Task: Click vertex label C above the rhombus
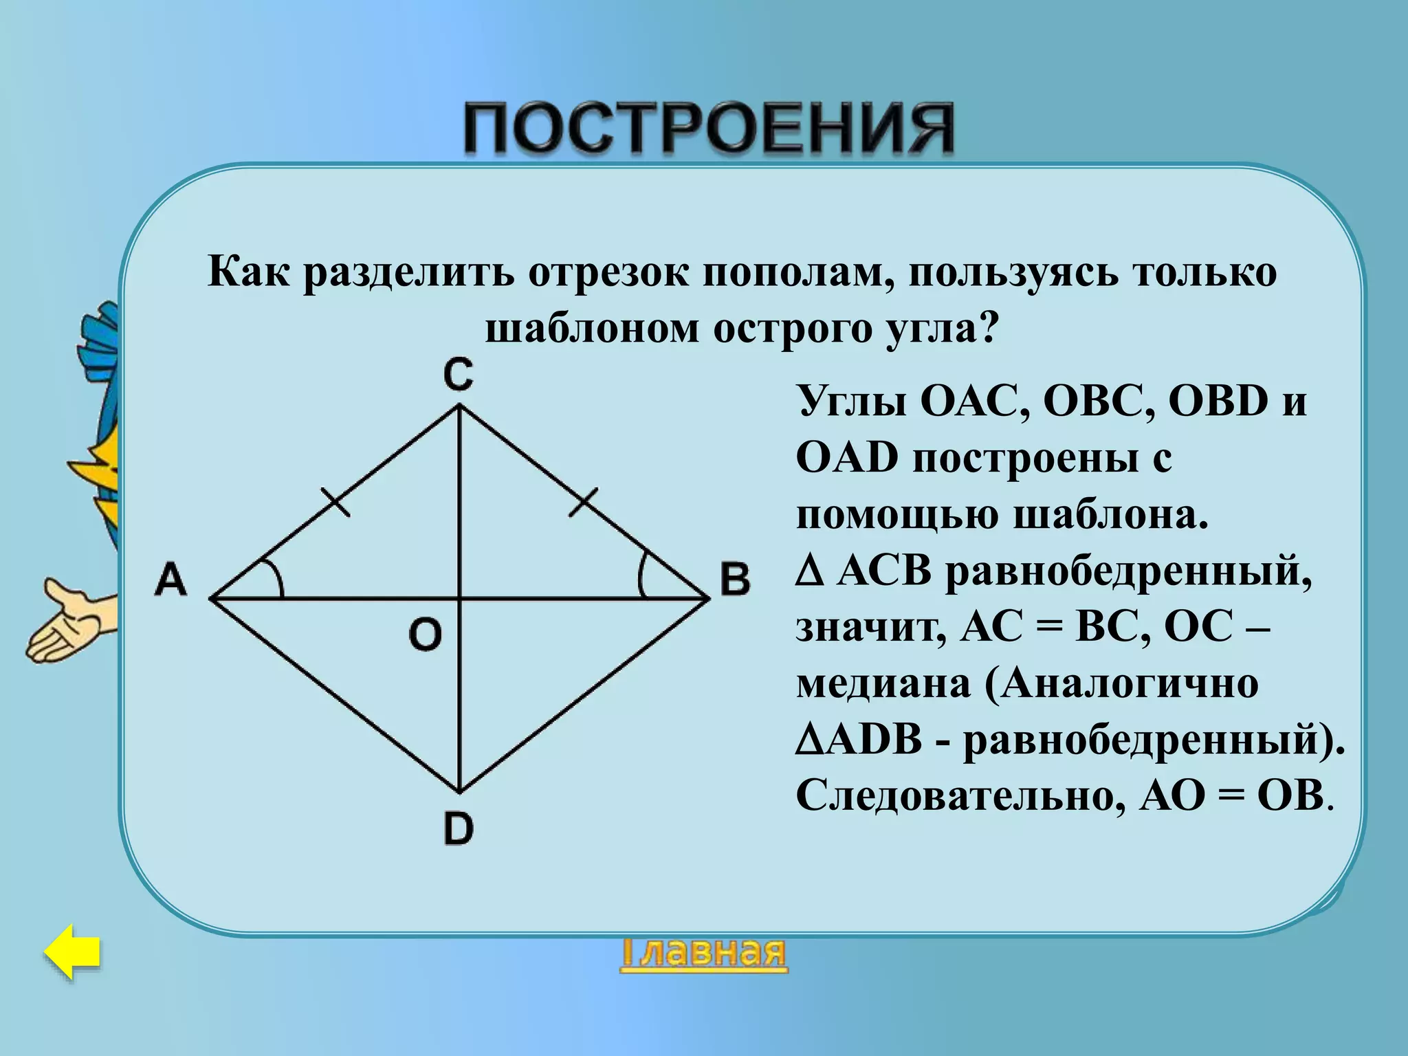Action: (458, 375)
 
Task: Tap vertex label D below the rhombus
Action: (459, 828)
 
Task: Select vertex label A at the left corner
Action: (171, 579)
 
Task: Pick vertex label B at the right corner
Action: (735, 579)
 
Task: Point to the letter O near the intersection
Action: (425, 634)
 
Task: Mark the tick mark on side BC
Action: (584, 500)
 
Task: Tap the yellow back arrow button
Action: (73, 951)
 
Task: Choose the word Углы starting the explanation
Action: (852, 401)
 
